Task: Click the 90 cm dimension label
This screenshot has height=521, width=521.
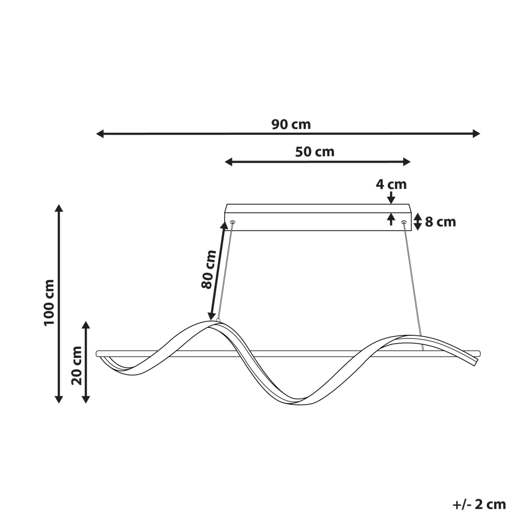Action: [291, 125]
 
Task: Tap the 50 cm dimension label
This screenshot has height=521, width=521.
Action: [315, 152]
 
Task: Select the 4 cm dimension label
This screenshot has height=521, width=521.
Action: [391, 184]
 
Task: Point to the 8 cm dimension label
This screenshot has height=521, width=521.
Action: [440, 222]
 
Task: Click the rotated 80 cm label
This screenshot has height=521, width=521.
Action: [209, 269]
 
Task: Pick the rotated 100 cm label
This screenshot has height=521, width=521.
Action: [49, 303]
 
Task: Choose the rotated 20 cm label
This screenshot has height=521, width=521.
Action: [76, 366]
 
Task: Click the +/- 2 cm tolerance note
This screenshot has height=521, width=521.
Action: [479, 504]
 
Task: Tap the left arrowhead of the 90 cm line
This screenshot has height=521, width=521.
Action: [100, 134]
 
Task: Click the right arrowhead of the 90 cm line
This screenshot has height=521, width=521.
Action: [476, 134]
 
